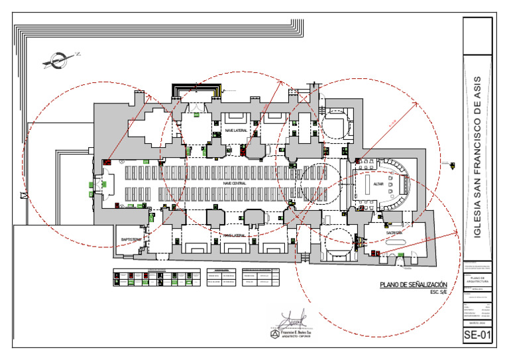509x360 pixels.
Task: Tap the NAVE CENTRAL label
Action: click(235, 183)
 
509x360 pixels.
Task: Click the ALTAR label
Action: click(378, 184)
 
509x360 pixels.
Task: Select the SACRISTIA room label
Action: click(396, 233)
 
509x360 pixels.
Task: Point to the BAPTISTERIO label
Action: click(131, 239)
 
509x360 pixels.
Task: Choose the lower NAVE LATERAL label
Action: click(235, 235)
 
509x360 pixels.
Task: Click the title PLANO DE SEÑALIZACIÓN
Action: click(413, 285)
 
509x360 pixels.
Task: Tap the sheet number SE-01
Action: click(478, 335)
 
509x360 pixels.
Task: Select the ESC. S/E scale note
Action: click(439, 292)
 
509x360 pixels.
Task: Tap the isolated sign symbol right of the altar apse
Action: click(453, 164)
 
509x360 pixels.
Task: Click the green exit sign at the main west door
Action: click(92, 186)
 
